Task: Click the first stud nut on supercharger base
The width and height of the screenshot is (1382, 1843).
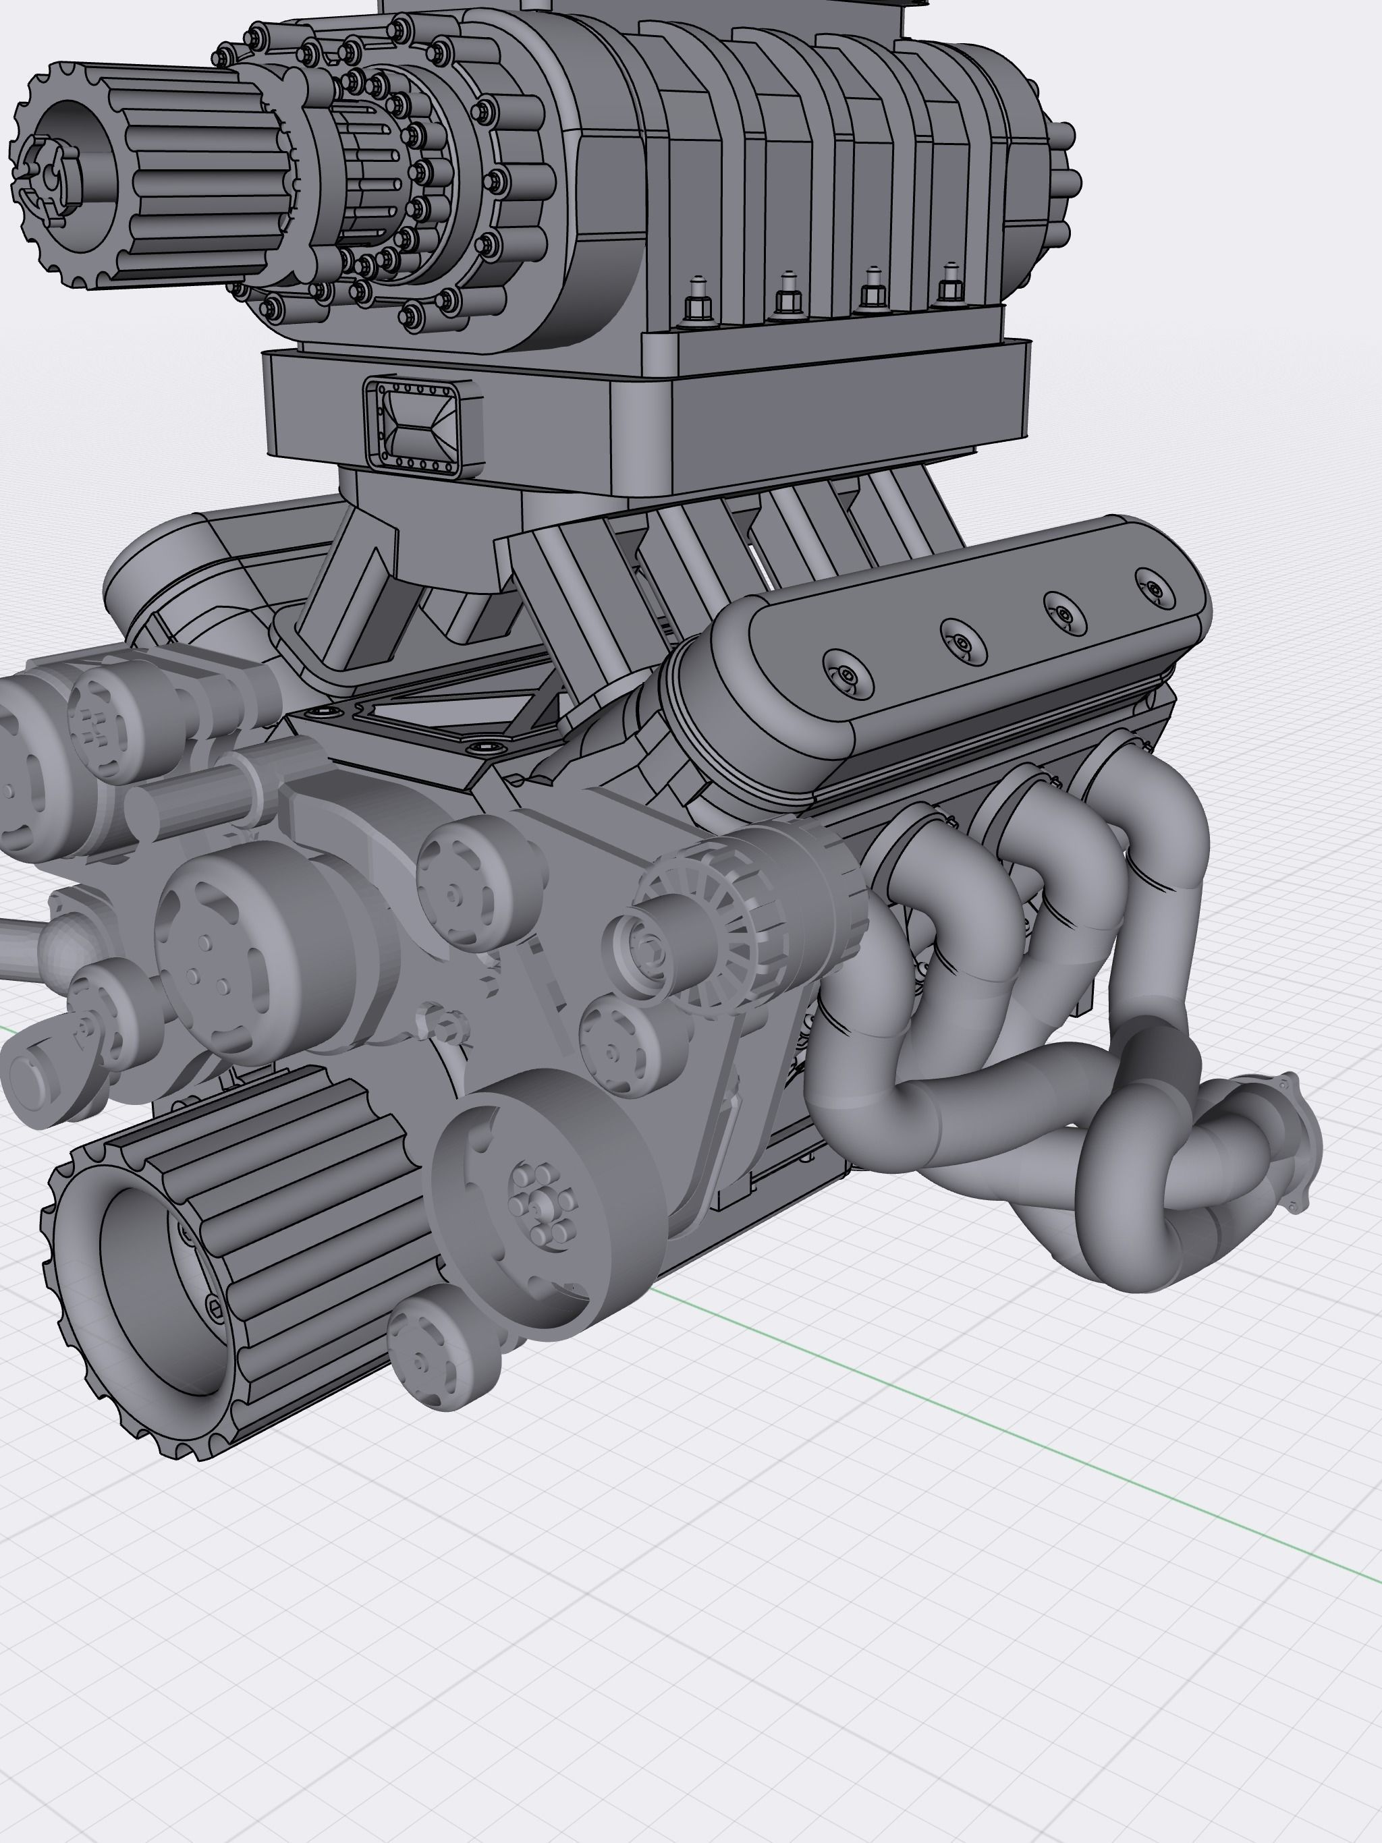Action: click(698, 308)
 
